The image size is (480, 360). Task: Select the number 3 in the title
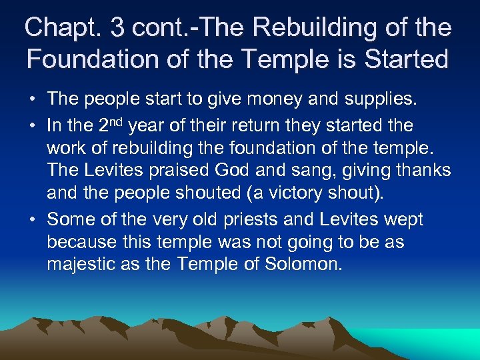[x=118, y=28]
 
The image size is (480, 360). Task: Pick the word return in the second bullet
[x=296, y=125]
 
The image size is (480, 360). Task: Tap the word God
[x=233, y=171]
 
